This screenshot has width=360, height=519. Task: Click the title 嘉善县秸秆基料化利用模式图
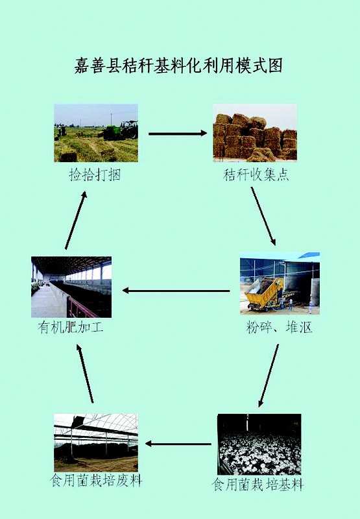178,65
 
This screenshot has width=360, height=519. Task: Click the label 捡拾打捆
95,175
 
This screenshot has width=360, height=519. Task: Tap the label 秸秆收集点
256,175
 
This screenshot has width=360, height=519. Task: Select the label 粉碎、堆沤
279,328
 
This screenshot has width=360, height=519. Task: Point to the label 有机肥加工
71,328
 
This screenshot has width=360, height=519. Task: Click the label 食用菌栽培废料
96,480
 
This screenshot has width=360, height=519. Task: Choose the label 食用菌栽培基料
258,485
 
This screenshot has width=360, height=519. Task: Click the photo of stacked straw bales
255,133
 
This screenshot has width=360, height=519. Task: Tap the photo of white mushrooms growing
259,444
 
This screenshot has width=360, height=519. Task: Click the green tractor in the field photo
121,130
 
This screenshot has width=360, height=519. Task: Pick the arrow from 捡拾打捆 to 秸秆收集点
178,134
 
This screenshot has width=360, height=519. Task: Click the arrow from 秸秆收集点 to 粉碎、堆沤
263,216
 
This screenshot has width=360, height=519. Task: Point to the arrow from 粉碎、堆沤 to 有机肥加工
176,291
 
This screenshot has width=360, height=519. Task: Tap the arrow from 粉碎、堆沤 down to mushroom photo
269,376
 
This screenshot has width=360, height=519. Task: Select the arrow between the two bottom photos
178,444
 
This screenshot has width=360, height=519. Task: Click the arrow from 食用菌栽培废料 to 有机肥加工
85,374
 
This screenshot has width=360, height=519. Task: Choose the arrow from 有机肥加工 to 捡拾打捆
76,220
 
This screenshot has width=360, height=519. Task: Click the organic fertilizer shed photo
71,287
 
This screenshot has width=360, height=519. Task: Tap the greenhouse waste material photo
96,442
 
